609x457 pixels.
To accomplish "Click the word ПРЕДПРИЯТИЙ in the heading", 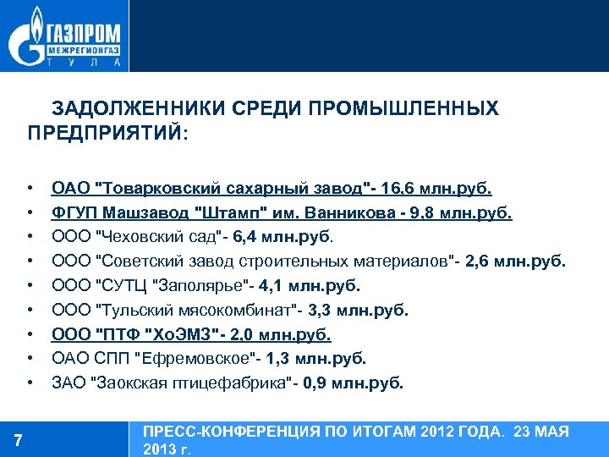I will tap(103, 133).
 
